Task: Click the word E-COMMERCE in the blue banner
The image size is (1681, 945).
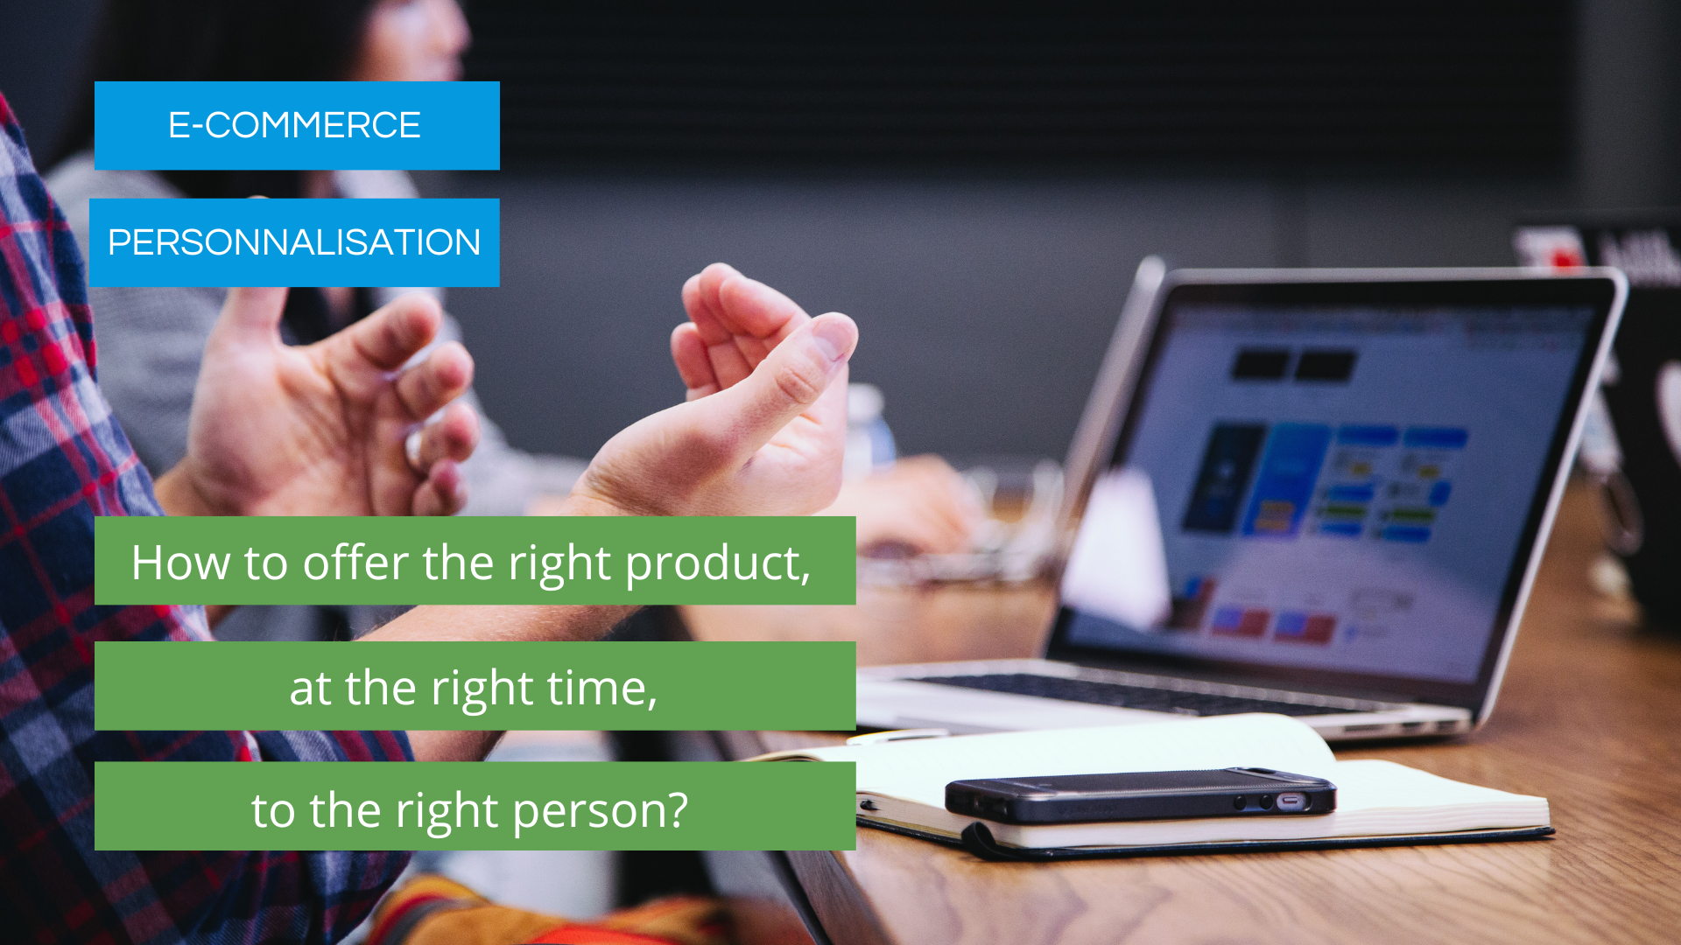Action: click(x=294, y=125)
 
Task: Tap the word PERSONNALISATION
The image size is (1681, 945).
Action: click(x=294, y=242)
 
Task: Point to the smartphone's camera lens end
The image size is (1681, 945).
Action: click(x=1291, y=801)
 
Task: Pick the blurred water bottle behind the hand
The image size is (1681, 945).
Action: click(x=871, y=429)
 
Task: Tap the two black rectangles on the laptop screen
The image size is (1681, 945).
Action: click(x=1294, y=365)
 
